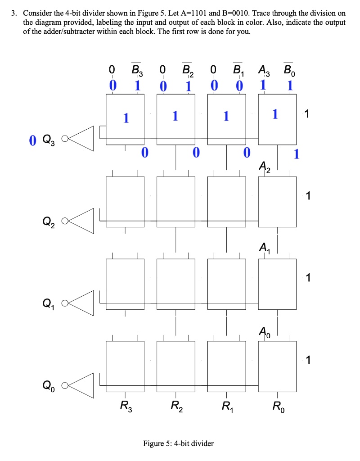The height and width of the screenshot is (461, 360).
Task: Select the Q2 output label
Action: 48,221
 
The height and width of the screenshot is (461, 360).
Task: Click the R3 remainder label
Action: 126,406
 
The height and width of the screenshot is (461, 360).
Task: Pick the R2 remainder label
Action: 176,406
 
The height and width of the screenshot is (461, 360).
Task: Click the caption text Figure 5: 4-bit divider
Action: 178,443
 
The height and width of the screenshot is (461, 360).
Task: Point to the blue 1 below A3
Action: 264,85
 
